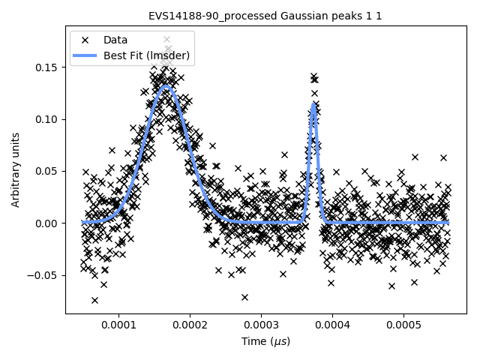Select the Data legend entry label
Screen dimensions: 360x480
coord(115,40)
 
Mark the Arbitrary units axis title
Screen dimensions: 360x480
coord(15,170)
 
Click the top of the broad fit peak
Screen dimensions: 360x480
coord(166,87)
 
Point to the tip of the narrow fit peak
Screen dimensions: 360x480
coord(313,103)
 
